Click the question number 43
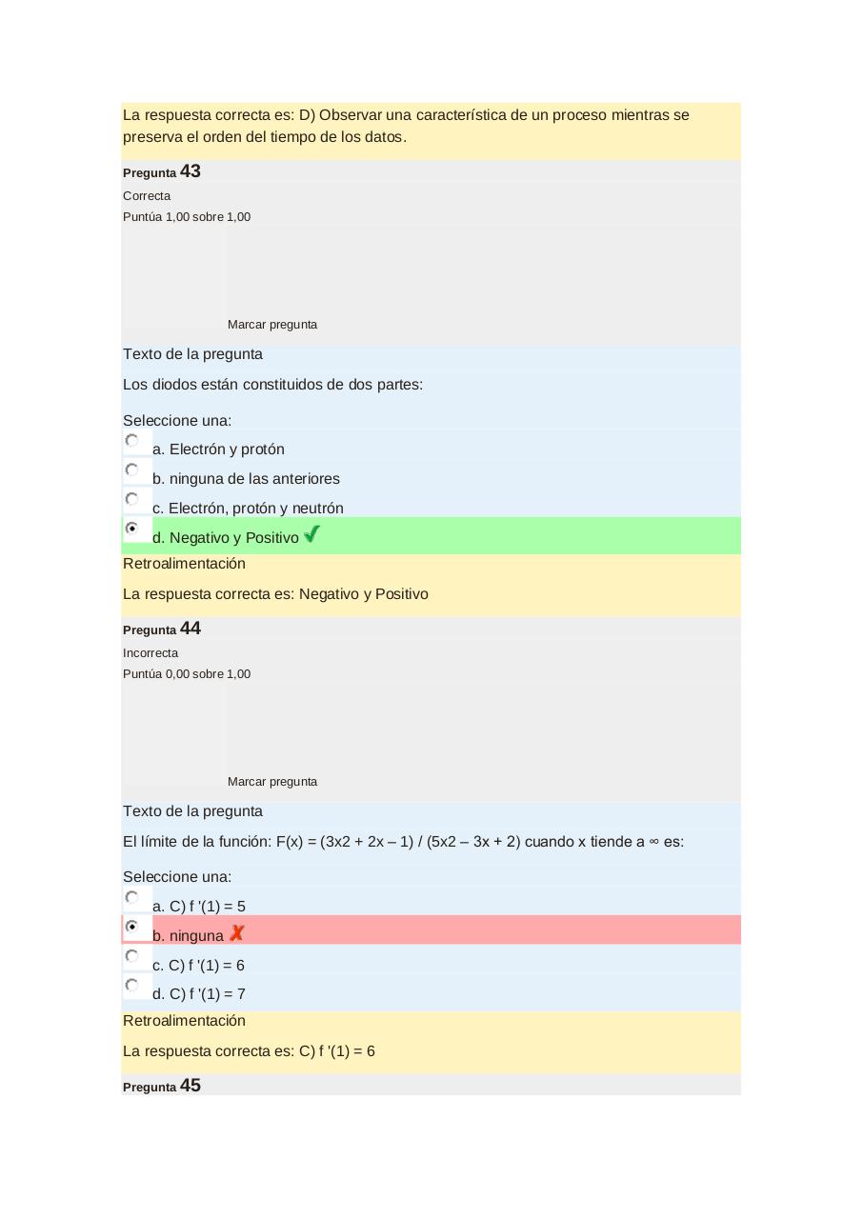190,171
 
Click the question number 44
190,629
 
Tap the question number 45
190,1086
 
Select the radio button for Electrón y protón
132,441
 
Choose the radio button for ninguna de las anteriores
132,470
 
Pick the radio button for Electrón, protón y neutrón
132,500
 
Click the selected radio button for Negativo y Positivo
132,529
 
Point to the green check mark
311,535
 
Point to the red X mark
236,933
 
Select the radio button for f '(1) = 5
132,898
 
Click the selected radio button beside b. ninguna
132,927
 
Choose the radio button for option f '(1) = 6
132,956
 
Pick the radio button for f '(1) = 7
132,986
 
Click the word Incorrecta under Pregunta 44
151,653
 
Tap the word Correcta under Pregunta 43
147,196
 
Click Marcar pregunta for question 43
272,325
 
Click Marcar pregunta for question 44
272,782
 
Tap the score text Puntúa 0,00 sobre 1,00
187,674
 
